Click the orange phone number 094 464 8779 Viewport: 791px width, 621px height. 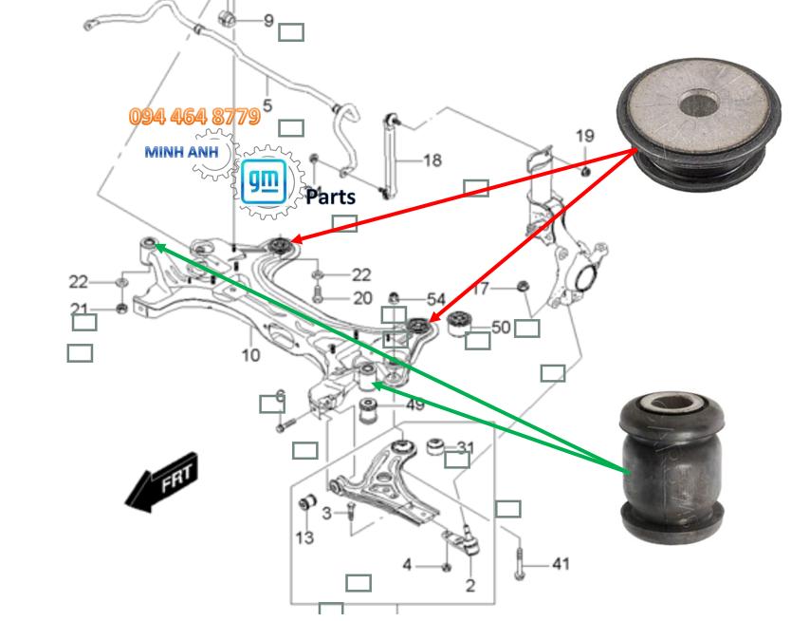click(x=194, y=117)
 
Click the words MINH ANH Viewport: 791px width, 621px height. click(x=179, y=151)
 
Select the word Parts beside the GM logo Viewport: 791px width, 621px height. click(x=330, y=197)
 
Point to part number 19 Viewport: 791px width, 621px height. click(x=584, y=137)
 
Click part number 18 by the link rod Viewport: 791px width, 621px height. click(x=432, y=160)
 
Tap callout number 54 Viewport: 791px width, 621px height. click(x=435, y=299)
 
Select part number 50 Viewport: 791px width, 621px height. click(x=500, y=328)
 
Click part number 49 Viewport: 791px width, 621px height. click(x=415, y=405)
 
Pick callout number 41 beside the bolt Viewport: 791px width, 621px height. click(x=561, y=564)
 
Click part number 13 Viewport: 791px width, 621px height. click(x=304, y=538)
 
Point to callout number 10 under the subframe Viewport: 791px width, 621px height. click(x=250, y=356)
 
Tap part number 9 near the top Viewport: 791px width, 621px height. click(x=268, y=20)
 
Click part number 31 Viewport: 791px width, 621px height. click(x=466, y=446)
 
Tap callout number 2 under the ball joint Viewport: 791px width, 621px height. click(x=470, y=586)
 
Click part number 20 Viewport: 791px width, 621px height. click(x=362, y=298)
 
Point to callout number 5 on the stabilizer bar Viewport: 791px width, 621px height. click(x=267, y=106)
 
